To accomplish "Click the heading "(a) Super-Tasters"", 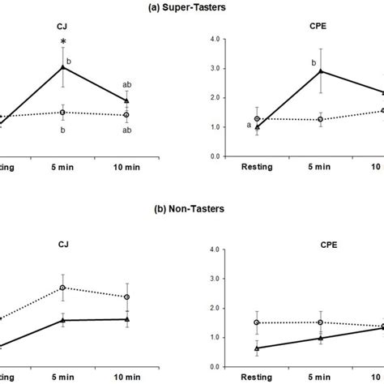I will coord(191,7).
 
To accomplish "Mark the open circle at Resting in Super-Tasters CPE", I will coord(258,119).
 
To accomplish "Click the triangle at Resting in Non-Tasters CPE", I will coord(258,348).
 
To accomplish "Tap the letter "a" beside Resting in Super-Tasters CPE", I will coord(247,125).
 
